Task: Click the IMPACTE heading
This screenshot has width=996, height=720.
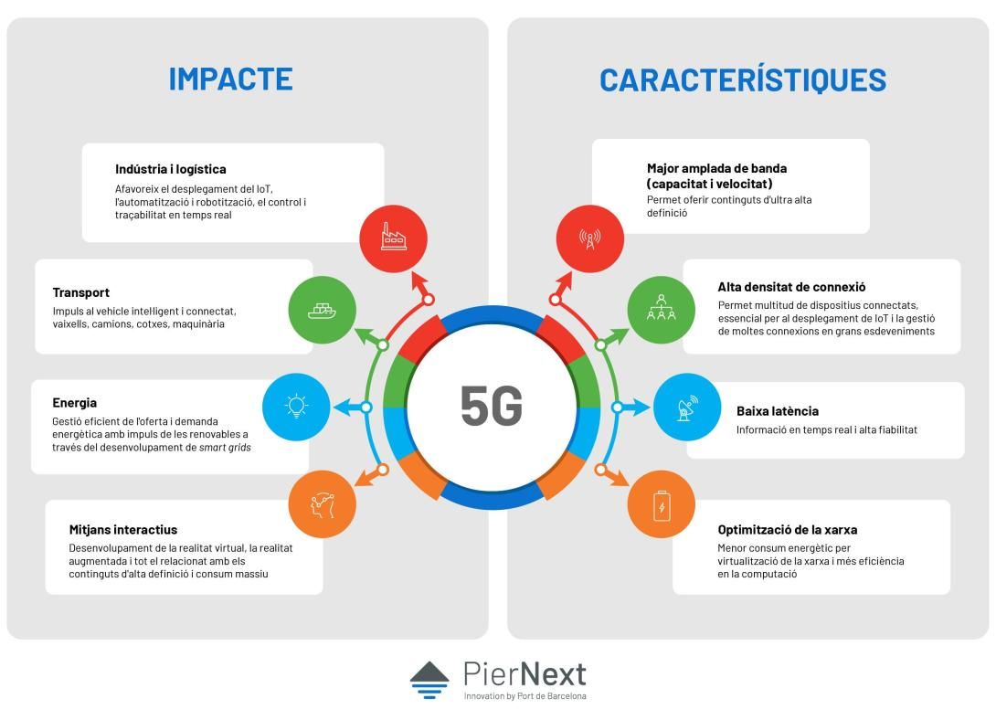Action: point(230,79)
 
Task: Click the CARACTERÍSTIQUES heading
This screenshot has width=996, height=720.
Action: point(743,80)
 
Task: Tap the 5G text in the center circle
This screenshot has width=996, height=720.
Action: point(492,407)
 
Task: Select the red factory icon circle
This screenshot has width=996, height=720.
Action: point(393,238)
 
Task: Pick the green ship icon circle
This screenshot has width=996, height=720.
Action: point(322,310)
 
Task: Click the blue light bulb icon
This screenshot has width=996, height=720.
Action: point(296,407)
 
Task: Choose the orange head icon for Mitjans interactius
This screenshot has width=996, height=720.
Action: point(322,504)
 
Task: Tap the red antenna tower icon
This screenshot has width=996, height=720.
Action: point(590,238)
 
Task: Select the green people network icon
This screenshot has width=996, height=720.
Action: point(662,310)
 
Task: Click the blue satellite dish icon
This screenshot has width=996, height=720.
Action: point(687,407)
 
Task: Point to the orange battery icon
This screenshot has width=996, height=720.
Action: point(662,504)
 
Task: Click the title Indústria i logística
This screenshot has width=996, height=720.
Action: point(170,170)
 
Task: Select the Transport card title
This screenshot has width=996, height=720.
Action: point(80,292)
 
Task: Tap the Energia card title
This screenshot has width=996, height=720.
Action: point(74,403)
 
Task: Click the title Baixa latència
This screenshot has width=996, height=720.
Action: point(778,411)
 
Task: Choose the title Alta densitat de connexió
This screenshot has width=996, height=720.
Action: point(791,287)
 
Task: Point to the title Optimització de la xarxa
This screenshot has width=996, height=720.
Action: point(787,530)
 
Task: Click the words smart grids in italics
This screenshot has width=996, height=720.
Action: point(225,448)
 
